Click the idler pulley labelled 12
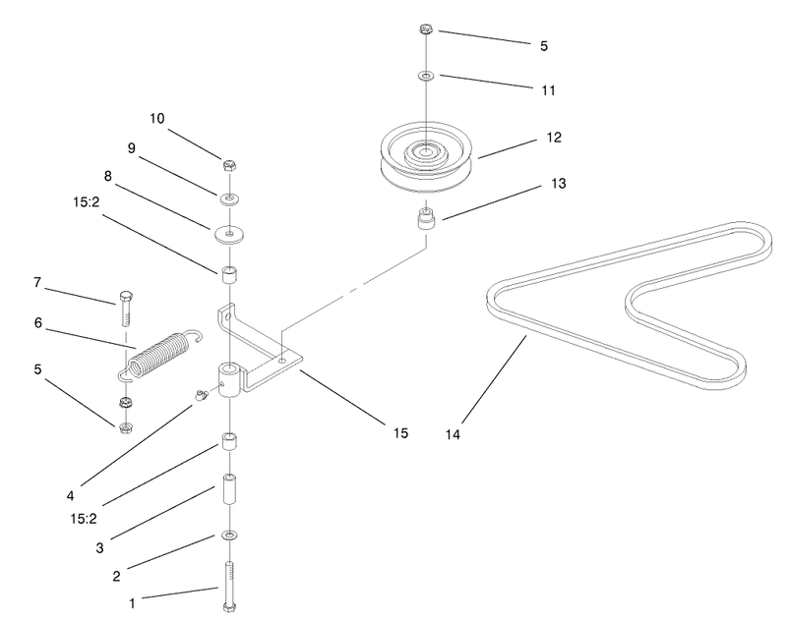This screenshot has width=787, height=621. (x=426, y=156)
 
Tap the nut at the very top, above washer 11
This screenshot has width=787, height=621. (x=426, y=28)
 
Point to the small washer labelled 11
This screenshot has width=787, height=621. (x=426, y=77)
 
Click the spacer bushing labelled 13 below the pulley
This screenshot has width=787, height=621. (x=426, y=218)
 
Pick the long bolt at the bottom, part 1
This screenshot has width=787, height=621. (x=229, y=587)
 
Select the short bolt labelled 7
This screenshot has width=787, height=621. (x=126, y=309)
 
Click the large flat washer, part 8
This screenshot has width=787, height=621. (x=229, y=235)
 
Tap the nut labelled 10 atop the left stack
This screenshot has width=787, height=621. (x=229, y=165)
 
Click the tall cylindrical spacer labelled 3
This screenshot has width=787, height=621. (x=229, y=489)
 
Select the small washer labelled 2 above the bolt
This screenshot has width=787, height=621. (x=229, y=536)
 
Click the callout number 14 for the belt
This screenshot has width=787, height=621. (x=453, y=434)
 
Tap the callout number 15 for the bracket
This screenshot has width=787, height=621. (x=400, y=432)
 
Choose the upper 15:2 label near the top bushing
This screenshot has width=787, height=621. (x=87, y=202)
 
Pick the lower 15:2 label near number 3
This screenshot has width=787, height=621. (x=84, y=518)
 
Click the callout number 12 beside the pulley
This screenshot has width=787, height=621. (x=554, y=137)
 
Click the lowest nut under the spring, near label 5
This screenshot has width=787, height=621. (x=126, y=427)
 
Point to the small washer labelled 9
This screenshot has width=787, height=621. (x=229, y=198)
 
